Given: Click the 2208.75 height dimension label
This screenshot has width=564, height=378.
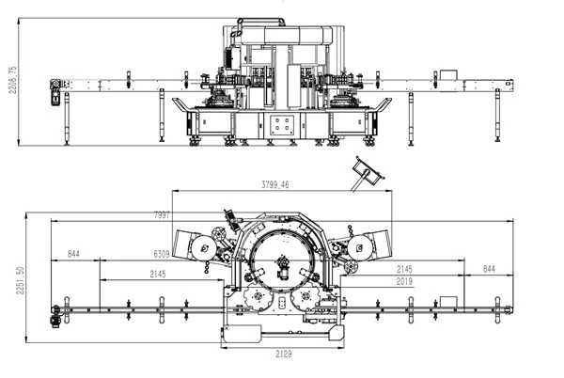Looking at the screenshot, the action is point(12,80).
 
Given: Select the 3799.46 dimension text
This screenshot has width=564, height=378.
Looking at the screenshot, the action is point(274,185).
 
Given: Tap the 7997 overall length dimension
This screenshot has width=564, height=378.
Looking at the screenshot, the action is point(162,215).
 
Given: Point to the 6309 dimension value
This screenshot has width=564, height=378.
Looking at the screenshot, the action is point(162,254).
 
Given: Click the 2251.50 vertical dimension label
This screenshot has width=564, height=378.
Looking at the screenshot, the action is point(20,280).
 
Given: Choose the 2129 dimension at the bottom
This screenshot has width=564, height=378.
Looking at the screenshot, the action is point(284,354).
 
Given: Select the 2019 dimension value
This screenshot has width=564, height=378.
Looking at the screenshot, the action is point(404,281).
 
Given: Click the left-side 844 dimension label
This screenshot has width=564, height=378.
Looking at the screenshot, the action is point(73,254).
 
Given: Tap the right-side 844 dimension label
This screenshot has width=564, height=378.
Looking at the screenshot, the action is point(489,269).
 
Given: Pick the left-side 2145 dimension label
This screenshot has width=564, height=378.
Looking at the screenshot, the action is point(158,274).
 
